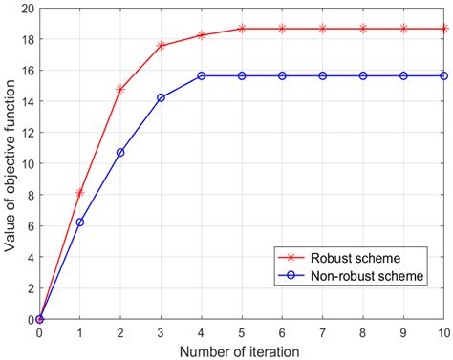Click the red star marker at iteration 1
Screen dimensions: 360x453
pos(79,193)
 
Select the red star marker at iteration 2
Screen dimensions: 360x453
pos(120,89)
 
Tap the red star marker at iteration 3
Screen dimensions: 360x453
pos(161,46)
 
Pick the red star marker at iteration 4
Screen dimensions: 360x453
pos(202,35)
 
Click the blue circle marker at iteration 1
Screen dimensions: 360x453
pos(79,222)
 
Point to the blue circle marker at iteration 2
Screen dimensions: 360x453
pos(120,152)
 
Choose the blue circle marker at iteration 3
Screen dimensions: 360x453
pos(161,97)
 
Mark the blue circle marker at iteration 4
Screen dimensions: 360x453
pos(202,75)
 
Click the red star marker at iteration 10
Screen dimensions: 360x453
pos(444,29)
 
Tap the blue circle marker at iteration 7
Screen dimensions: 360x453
pos(323,75)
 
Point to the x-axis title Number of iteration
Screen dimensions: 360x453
pos(242,350)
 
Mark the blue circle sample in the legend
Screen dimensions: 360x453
pos(284,276)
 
